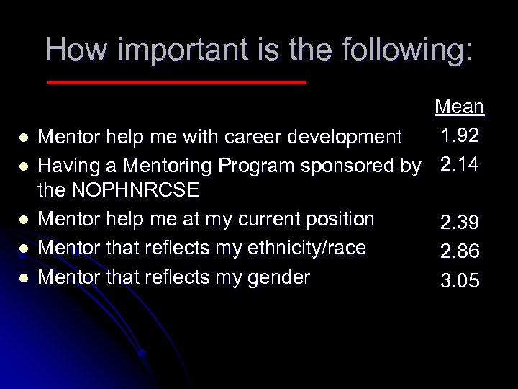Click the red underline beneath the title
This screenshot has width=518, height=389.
pos(176,83)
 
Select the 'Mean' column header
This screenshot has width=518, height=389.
pos(459,107)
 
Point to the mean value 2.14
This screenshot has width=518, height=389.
pos(459,165)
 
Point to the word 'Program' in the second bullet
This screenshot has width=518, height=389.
pos(253,166)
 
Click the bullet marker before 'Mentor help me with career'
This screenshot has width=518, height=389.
pos(24,137)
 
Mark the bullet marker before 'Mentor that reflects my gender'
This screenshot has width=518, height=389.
pos(24,277)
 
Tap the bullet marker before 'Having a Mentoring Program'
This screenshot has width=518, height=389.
pos(24,166)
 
